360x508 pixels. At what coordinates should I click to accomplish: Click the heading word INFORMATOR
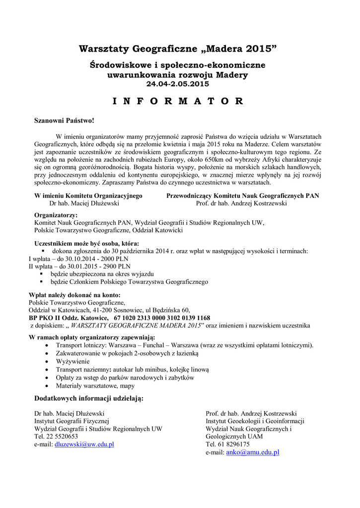tap(178, 102)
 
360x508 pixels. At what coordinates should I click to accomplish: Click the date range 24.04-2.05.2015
tap(178, 84)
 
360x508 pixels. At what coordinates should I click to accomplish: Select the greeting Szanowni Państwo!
tap(64, 121)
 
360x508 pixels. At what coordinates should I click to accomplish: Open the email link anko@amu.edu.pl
tap(252, 452)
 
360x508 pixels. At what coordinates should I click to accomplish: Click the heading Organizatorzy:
tap(56, 216)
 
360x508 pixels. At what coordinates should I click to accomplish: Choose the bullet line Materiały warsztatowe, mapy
tap(95, 385)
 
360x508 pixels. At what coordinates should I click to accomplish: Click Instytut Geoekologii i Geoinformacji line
tap(255, 421)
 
